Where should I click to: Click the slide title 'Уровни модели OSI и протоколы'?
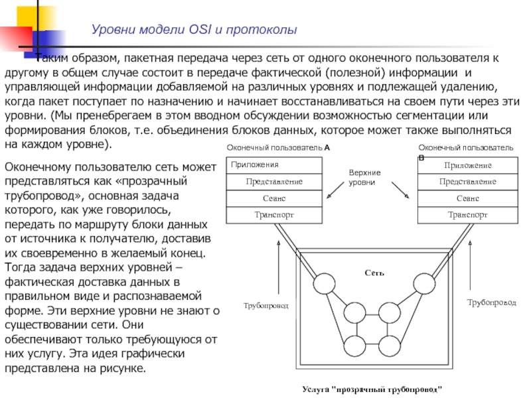pos(194,30)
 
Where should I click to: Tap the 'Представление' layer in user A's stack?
pos(274,181)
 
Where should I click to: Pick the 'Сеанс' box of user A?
pos(274,198)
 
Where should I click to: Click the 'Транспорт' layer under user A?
pos(274,215)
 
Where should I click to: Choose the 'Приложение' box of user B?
pos(467,165)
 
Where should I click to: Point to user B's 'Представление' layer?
pos(467,181)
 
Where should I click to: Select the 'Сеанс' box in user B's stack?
pos(467,198)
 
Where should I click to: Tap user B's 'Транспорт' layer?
pos(467,215)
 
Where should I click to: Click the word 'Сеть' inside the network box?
pos(374,273)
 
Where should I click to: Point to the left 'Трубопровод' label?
pos(265,306)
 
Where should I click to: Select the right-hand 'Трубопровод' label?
pos(491,302)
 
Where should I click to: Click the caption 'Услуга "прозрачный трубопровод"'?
pos(372,388)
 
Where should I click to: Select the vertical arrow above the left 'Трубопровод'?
pos(279,269)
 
